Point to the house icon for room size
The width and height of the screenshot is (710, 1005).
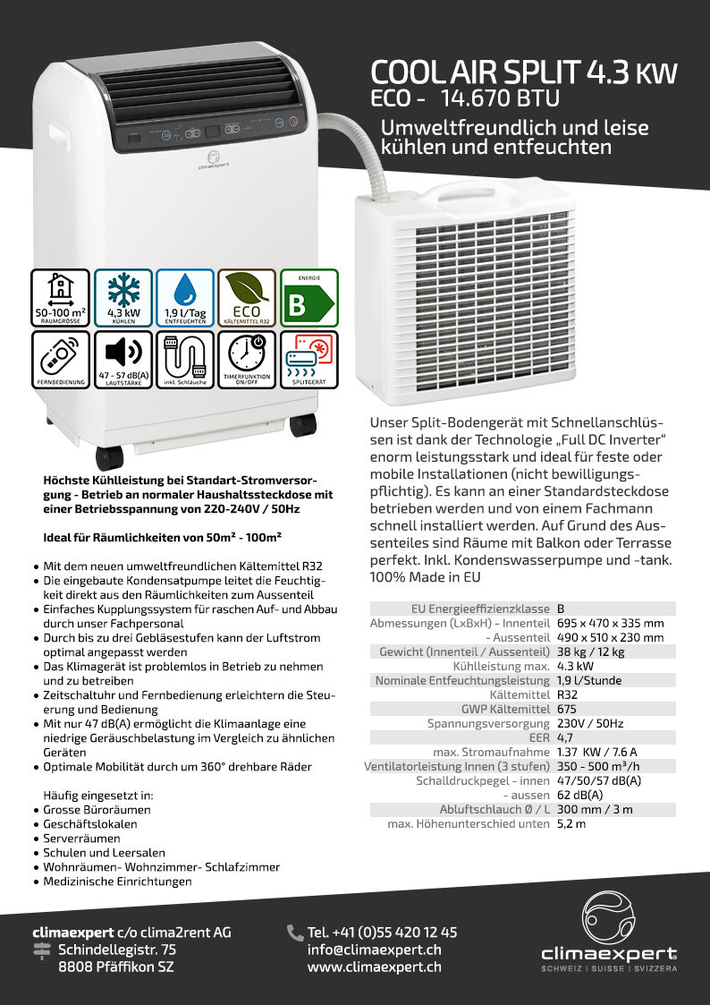pyautogui.click(x=61, y=288)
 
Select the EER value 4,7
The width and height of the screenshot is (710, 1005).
pyautogui.click(x=565, y=737)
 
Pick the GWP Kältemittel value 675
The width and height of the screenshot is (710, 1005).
pyautogui.click(x=566, y=709)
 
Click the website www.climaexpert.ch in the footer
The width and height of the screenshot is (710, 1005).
pyautogui.click(x=374, y=967)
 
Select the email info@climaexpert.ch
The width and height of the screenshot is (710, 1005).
pyautogui.click(x=374, y=950)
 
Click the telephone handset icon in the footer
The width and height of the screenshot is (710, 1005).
pyautogui.click(x=295, y=933)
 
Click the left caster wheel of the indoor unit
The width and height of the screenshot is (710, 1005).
pyautogui.click(x=109, y=457)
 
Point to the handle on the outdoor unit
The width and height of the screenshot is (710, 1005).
pyautogui.click(x=456, y=190)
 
